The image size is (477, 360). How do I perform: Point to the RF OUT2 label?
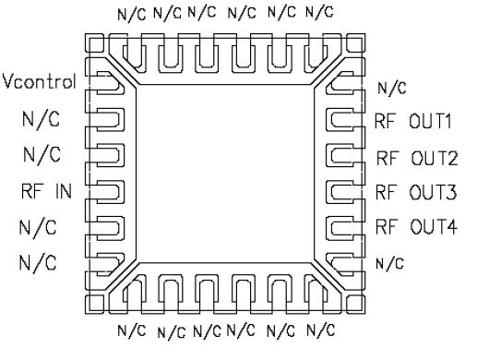(x=416, y=157)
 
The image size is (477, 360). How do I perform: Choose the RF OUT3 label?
(x=416, y=192)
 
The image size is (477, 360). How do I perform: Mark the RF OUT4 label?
(x=416, y=227)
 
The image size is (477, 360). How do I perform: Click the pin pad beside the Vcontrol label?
(x=103, y=83)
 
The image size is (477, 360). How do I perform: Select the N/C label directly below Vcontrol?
(x=38, y=119)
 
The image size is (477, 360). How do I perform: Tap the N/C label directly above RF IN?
(x=38, y=154)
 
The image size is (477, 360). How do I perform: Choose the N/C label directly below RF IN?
(x=38, y=227)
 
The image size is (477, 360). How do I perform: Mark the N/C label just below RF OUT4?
(x=388, y=262)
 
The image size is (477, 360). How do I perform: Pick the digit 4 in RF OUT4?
(x=452, y=227)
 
